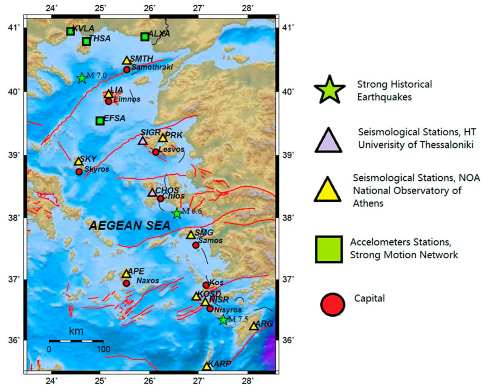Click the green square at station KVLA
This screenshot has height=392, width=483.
70,31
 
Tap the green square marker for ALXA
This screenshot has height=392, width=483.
145,37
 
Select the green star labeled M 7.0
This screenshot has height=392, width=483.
82,78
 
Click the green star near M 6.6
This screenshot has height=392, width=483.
177,214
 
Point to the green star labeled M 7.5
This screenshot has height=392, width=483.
224,320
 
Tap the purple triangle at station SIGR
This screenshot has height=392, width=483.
142,141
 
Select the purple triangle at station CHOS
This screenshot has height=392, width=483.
152,193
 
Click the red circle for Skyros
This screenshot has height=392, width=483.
79,172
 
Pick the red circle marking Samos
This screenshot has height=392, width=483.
196,245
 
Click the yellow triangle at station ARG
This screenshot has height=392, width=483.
254,326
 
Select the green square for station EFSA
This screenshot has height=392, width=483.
100,121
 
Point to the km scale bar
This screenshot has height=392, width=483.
76,341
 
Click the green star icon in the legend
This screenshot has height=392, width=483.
329,90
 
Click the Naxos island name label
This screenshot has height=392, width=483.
145,280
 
